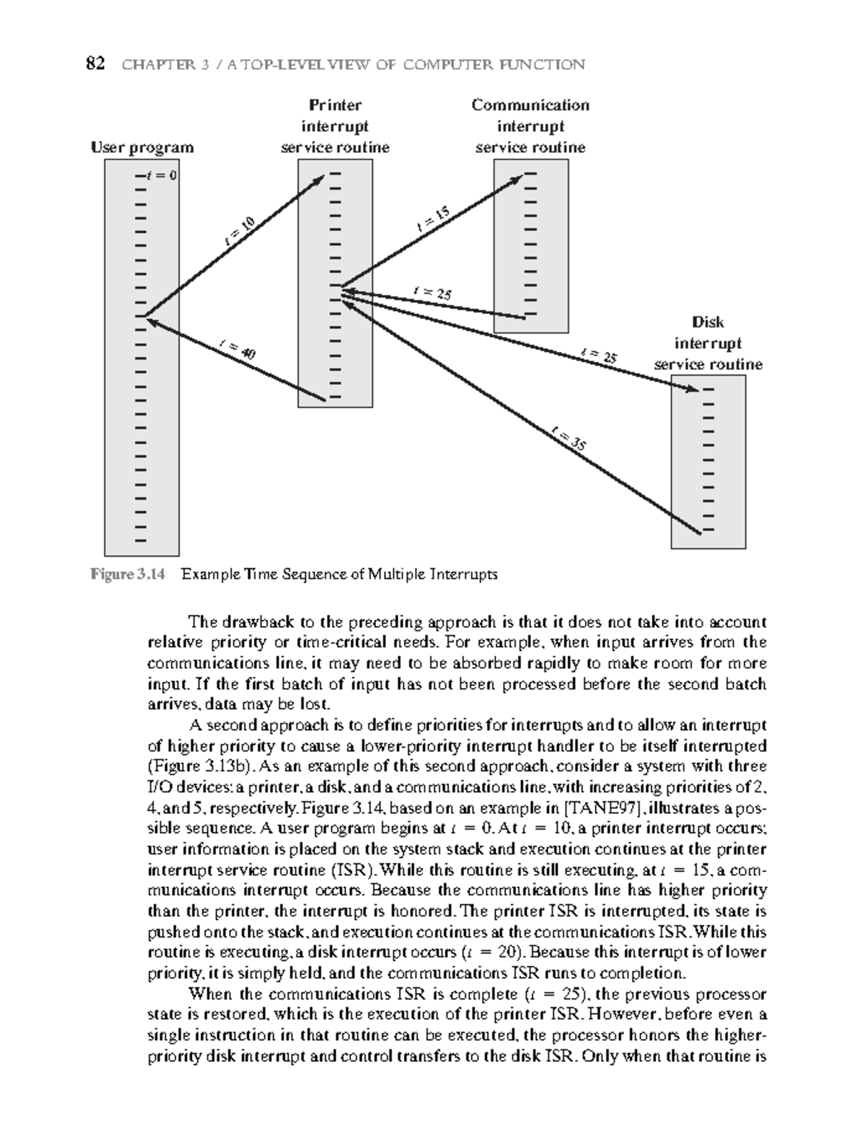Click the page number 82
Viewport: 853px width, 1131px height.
click(x=95, y=65)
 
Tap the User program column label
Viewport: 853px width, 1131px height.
click(x=142, y=147)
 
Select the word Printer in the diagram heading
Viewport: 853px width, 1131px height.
click(x=335, y=105)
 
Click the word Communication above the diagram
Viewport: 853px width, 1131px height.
click(x=530, y=105)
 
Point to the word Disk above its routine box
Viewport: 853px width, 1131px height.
click(x=708, y=322)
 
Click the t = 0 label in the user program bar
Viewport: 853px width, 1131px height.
click(x=161, y=175)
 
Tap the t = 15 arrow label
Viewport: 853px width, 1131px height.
click(x=433, y=220)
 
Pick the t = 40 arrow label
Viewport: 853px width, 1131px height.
click(x=238, y=349)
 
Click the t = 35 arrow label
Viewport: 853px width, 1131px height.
click(x=568, y=438)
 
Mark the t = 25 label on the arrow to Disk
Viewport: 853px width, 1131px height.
click(x=599, y=355)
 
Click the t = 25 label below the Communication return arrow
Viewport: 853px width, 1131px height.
click(x=433, y=292)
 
